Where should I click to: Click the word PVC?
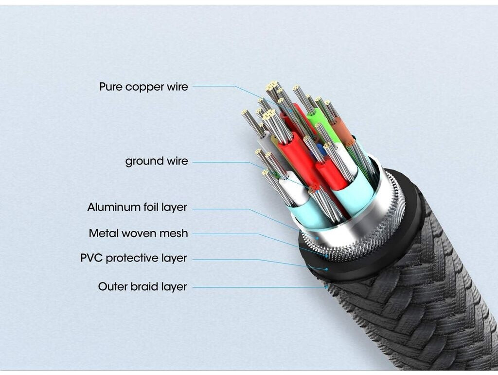(91, 258)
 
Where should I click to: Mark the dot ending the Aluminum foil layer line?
(317, 238)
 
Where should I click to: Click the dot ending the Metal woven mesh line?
(326, 255)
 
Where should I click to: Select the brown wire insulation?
(341, 129)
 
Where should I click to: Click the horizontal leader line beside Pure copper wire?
(214, 86)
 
